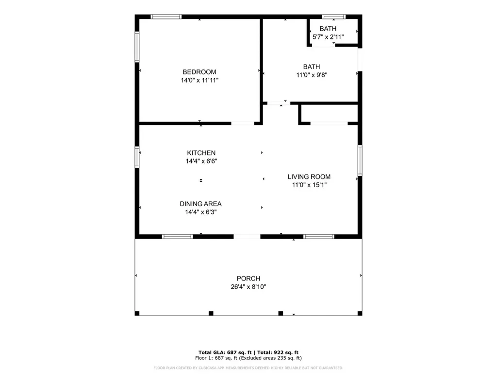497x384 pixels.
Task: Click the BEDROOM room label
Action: [x=199, y=72]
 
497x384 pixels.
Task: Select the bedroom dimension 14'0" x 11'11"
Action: [x=199, y=80]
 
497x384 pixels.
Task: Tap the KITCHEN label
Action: [x=201, y=153]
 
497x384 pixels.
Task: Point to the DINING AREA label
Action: [x=200, y=204]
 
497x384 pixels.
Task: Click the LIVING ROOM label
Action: [x=309, y=177]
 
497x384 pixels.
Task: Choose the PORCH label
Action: [x=248, y=279]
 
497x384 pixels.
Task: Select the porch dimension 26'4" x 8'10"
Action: [x=248, y=287]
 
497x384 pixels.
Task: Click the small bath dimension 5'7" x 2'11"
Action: [x=328, y=37]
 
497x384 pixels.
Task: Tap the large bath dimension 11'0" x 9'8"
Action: [x=312, y=75]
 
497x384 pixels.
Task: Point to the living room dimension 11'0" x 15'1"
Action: [x=309, y=185]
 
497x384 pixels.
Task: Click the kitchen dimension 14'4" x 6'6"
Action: [x=201, y=161]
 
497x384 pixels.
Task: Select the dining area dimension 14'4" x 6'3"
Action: [x=200, y=212]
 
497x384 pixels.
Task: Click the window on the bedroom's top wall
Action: [x=166, y=17]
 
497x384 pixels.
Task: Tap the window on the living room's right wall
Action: [x=360, y=160]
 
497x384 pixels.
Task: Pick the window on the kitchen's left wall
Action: [x=137, y=157]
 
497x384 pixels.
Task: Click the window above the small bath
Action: [x=334, y=17]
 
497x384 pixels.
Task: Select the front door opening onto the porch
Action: [x=247, y=236]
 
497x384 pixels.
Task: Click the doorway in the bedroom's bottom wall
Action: [x=243, y=123]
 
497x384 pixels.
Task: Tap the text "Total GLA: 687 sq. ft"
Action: [x=225, y=352]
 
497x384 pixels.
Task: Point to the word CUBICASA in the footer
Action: [x=208, y=368]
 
